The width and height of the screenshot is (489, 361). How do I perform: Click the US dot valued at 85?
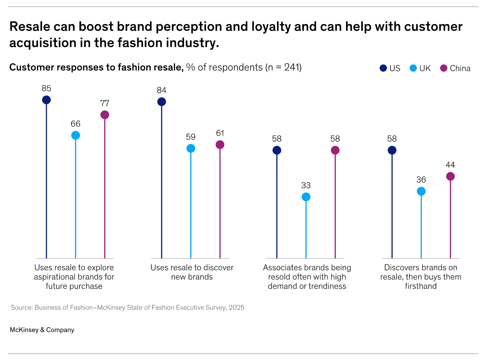point(46,100)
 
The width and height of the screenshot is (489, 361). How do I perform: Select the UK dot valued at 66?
point(75,135)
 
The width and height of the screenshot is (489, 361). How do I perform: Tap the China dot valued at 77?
point(105,115)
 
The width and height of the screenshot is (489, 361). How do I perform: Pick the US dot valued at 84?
point(162,102)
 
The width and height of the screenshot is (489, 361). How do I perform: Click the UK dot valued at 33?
point(306,197)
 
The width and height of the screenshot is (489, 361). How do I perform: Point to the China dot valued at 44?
point(450,176)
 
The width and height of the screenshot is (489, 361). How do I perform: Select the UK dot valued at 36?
point(421,191)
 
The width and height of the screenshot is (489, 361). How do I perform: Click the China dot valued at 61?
point(220,145)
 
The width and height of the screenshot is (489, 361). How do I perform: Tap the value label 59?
point(191,137)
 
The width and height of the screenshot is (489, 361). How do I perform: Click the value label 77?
point(105,103)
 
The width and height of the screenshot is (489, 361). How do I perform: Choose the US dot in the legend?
point(383,68)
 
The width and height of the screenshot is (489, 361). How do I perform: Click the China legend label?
point(460,69)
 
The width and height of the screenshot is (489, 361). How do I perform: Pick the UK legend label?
point(425,69)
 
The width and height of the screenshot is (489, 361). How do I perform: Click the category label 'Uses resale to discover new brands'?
point(192,272)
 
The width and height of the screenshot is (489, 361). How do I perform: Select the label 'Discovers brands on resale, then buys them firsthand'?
point(421,277)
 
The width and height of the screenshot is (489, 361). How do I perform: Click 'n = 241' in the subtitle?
point(284,67)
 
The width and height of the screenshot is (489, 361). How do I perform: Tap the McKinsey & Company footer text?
point(42,330)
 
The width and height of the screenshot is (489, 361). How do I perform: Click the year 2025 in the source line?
point(236,308)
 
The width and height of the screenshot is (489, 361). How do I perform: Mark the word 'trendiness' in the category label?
point(328,286)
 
